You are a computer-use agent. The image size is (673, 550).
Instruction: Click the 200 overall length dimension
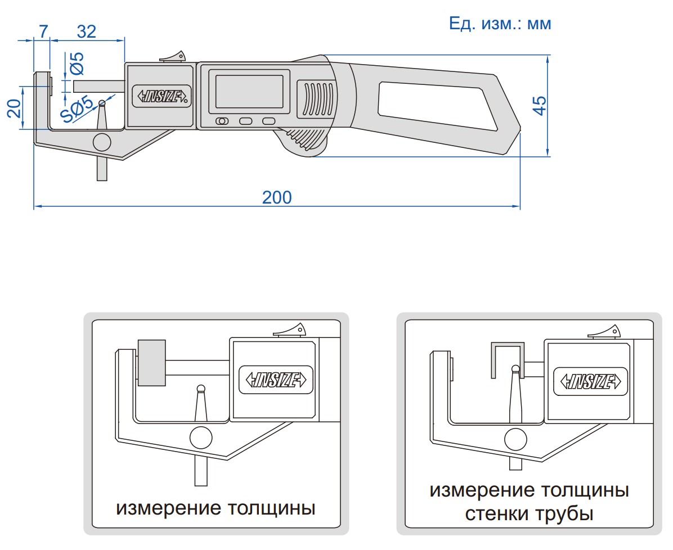[x=277, y=197]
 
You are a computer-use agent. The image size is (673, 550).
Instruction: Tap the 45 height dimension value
[x=539, y=106]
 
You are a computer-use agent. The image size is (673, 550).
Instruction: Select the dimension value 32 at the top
[x=86, y=31]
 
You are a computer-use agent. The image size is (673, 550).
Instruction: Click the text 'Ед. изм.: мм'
[x=500, y=24]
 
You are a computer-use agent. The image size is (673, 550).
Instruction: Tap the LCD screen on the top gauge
[x=249, y=91]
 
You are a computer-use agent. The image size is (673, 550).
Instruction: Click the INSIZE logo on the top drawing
[x=160, y=96]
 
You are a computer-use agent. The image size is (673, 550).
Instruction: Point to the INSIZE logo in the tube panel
[x=591, y=381]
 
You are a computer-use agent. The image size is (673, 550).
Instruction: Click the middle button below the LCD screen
[x=246, y=121]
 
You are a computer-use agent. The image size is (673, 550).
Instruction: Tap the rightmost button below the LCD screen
[x=269, y=121]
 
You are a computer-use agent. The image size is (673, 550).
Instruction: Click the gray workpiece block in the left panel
[x=152, y=363]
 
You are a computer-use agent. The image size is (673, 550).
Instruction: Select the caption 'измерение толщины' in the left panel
[x=216, y=508]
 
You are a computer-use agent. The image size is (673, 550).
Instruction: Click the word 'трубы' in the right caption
[x=568, y=513]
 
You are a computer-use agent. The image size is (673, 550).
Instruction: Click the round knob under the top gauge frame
[x=102, y=142]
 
